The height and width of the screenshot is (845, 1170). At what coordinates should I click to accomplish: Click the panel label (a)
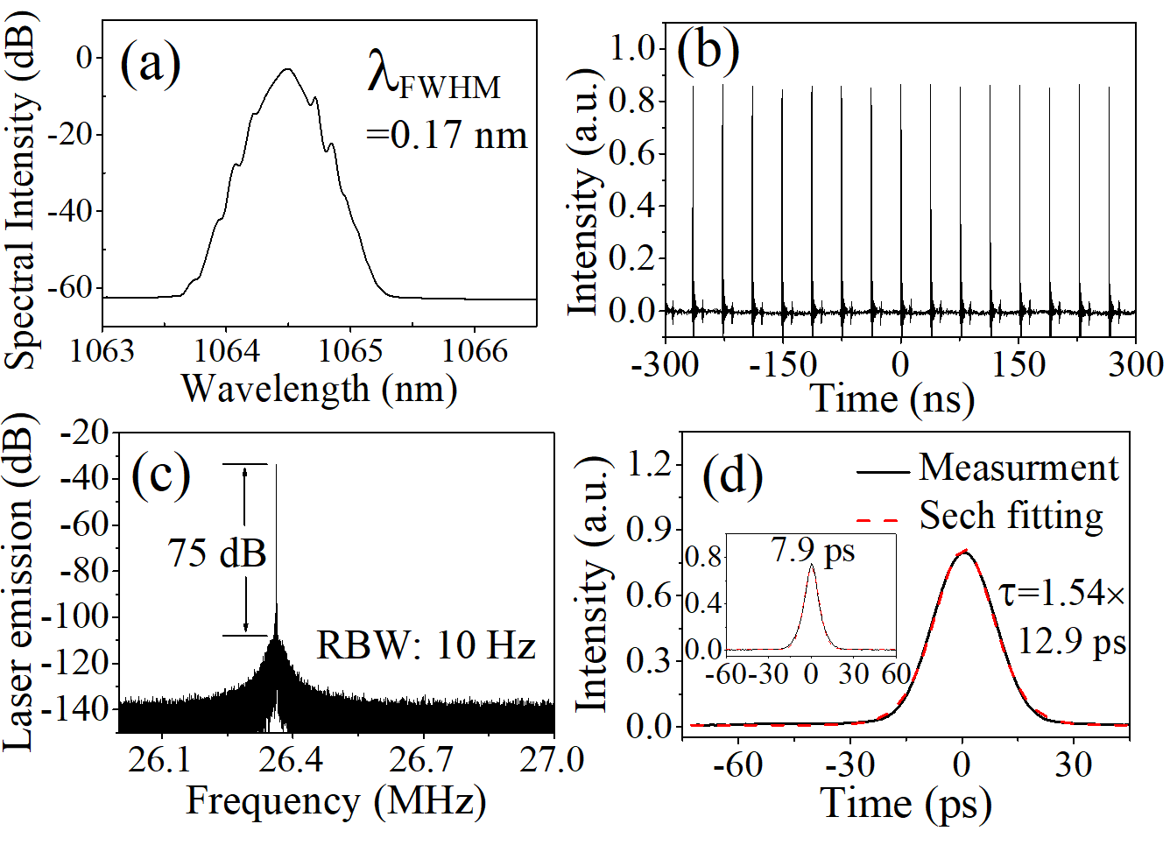coord(150,62)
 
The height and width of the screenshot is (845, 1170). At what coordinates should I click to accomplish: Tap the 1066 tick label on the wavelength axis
coord(474,350)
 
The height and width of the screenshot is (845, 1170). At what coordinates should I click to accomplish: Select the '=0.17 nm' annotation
coord(447,135)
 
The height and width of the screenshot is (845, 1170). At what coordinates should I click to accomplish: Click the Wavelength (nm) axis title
coord(319,388)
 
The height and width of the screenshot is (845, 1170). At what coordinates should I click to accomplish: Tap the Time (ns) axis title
coord(892,398)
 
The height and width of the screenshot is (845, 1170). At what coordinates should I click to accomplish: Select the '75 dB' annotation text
coord(216,553)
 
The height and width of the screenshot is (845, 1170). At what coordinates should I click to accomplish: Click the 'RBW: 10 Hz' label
coord(426,645)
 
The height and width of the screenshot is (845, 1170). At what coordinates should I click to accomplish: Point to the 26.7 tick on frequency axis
coord(420,760)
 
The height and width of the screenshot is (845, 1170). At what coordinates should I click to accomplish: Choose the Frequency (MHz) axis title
coord(335,801)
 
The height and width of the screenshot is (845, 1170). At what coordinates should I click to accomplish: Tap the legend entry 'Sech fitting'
coord(1011,516)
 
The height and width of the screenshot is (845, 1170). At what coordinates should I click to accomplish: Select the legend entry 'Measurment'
coord(1018,468)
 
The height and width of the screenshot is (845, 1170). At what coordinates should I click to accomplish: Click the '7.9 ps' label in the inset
coord(813,550)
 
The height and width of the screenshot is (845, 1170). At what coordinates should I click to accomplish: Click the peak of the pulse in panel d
coord(964,552)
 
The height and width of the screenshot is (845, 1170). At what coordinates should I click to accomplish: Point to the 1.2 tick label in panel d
coord(649,464)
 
